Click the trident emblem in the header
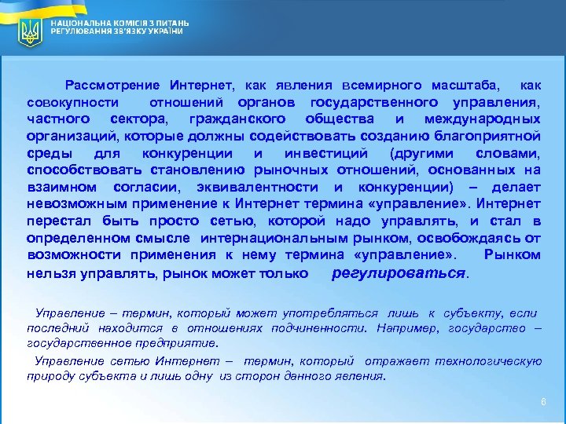[31, 32]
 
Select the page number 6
[542, 402]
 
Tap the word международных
[482, 119]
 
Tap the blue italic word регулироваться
[399, 272]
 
